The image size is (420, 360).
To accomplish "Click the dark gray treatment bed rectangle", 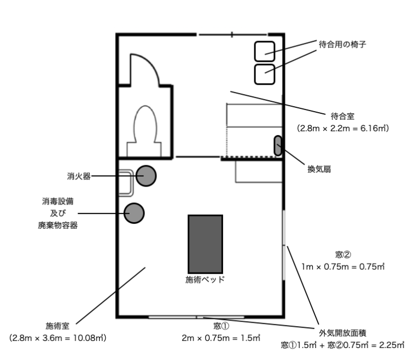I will tap(205, 243).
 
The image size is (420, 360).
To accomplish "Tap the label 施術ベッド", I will tap(205, 279).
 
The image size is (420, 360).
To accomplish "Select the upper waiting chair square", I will tap(266, 51).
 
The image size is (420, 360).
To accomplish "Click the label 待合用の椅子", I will tap(342, 44).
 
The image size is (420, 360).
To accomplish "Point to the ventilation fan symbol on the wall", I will tap(278, 146).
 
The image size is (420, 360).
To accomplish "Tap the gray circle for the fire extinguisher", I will tap(146, 176).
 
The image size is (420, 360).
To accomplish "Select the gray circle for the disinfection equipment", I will tap(134, 213).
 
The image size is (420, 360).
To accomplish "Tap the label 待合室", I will tap(343, 117).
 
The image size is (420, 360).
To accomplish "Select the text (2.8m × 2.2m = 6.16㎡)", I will tap(343, 129).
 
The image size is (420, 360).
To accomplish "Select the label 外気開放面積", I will tap(342, 333).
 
